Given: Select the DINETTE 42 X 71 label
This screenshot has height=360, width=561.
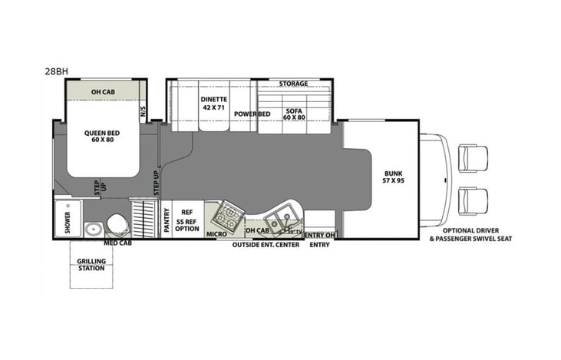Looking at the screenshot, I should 213,104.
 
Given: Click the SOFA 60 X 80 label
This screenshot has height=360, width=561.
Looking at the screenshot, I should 292,114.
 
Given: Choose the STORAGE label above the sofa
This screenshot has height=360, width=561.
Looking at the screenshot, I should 293,84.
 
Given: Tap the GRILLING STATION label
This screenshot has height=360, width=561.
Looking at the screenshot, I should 91,265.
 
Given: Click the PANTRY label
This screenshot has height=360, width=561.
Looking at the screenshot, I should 165,220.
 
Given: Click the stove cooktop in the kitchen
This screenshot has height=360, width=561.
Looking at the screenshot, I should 229,214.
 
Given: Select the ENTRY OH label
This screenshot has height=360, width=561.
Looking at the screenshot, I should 320,235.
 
